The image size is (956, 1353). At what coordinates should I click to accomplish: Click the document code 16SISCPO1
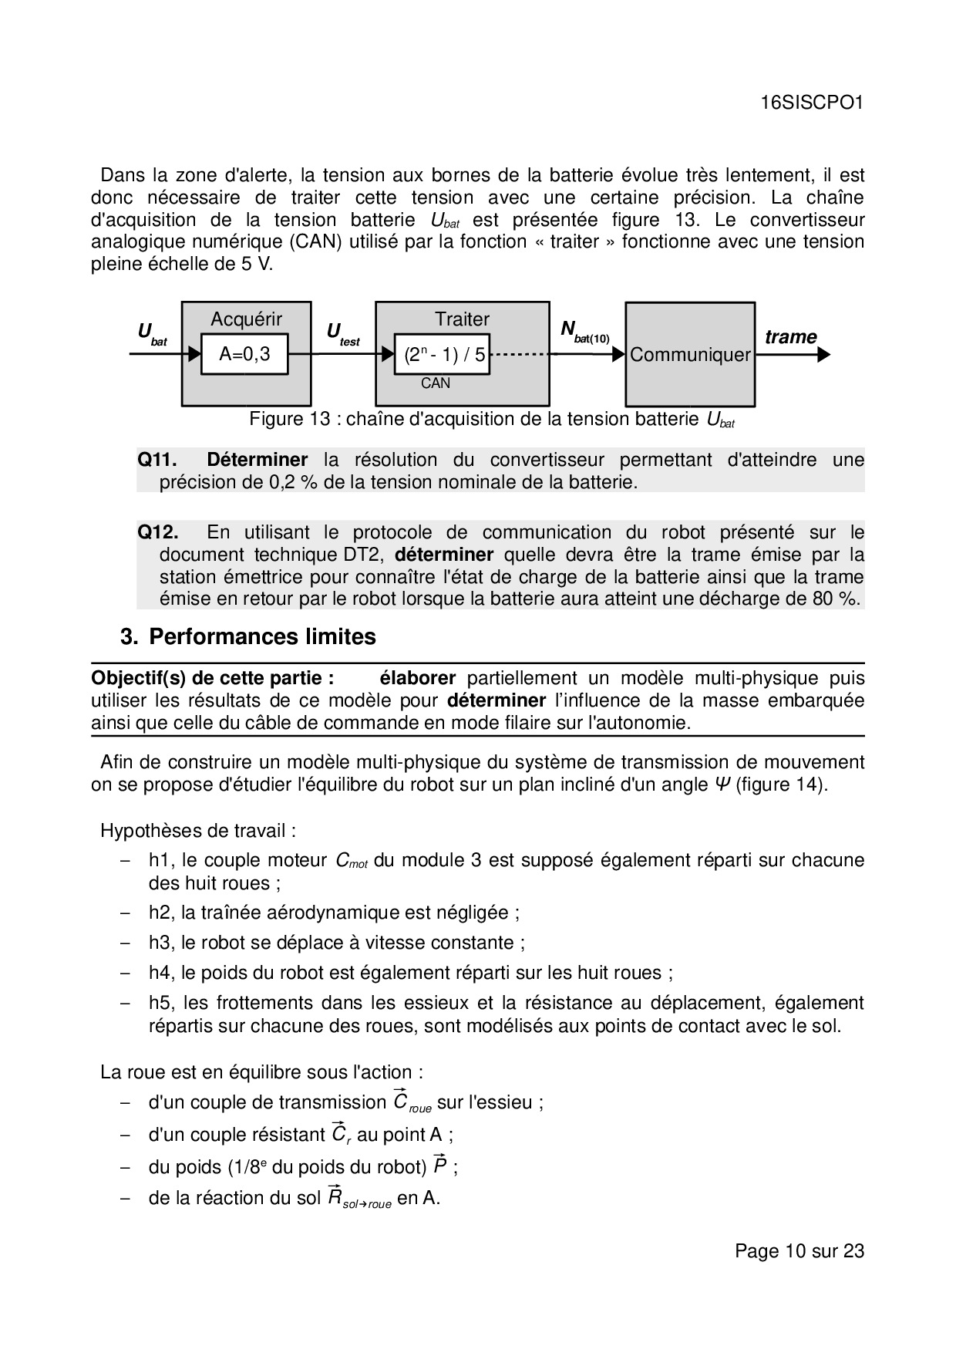click(811, 103)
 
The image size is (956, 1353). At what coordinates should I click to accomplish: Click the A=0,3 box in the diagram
click(244, 354)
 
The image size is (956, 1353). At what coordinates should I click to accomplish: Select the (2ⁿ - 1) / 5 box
click(443, 355)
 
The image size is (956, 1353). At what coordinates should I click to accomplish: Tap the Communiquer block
click(690, 355)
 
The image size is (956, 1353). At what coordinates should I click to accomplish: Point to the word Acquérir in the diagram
click(247, 319)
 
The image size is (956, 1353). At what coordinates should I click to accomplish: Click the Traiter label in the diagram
click(462, 319)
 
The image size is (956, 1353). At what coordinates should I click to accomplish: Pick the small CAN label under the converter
click(436, 383)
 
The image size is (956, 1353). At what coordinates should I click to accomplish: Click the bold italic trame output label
click(790, 337)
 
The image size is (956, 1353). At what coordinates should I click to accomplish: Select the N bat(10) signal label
click(584, 332)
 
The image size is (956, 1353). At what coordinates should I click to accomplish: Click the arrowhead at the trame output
click(824, 355)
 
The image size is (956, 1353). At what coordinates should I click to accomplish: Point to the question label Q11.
click(157, 461)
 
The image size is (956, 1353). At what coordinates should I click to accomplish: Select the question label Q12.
click(157, 532)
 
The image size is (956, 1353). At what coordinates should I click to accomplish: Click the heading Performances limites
click(262, 637)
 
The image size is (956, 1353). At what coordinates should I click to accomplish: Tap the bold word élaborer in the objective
click(417, 678)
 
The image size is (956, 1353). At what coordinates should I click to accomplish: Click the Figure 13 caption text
click(492, 420)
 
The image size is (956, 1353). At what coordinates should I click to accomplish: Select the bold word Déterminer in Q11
click(258, 461)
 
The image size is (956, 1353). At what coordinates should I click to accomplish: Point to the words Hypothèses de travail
click(198, 831)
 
